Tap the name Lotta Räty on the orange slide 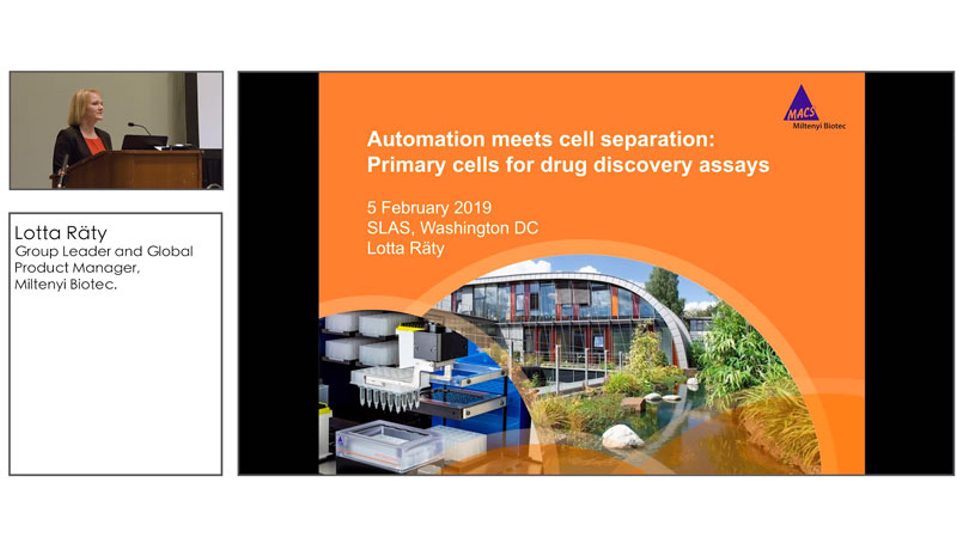(406, 248)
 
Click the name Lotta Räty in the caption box (60, 233)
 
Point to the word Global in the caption (170, 251)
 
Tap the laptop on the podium (144, 142)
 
